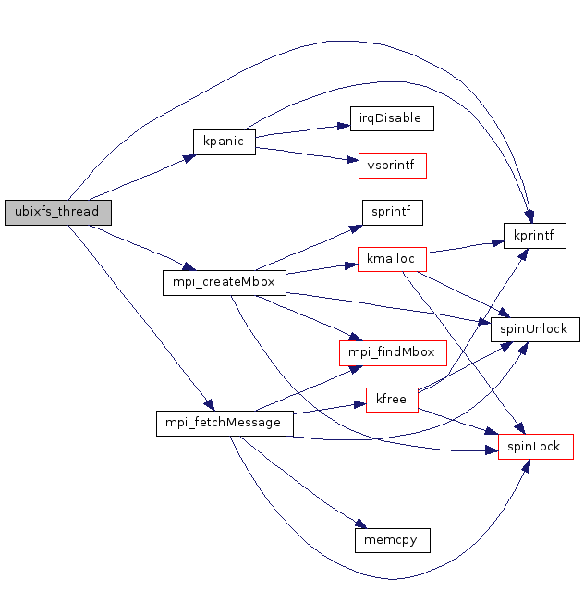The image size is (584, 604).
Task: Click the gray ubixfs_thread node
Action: [x=57, y=212]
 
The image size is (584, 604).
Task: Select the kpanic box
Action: [x=224, y=142]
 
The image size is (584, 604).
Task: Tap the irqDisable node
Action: [x=392, y=118]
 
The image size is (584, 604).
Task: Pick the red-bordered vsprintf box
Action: [x=393, y=166]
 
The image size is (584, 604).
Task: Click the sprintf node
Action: [x=392, y=212]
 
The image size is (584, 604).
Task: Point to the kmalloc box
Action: [x=392, y=259]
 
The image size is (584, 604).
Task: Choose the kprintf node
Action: [x=535, y=235]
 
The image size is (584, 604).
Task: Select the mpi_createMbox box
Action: [x=225, y=282]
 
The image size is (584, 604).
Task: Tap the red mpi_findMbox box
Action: [x=393, y=352]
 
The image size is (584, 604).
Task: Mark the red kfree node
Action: [x=393, y=400]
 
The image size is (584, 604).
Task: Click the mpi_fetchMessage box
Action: [x=225, y=423]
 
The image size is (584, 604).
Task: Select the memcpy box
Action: [x=393, y=539]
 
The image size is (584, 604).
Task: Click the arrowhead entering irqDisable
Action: [x=345, y=124]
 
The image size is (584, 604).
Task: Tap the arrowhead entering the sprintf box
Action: [x=357, y=225]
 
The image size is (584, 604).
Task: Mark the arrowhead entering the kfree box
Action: [x=361, y=404]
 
